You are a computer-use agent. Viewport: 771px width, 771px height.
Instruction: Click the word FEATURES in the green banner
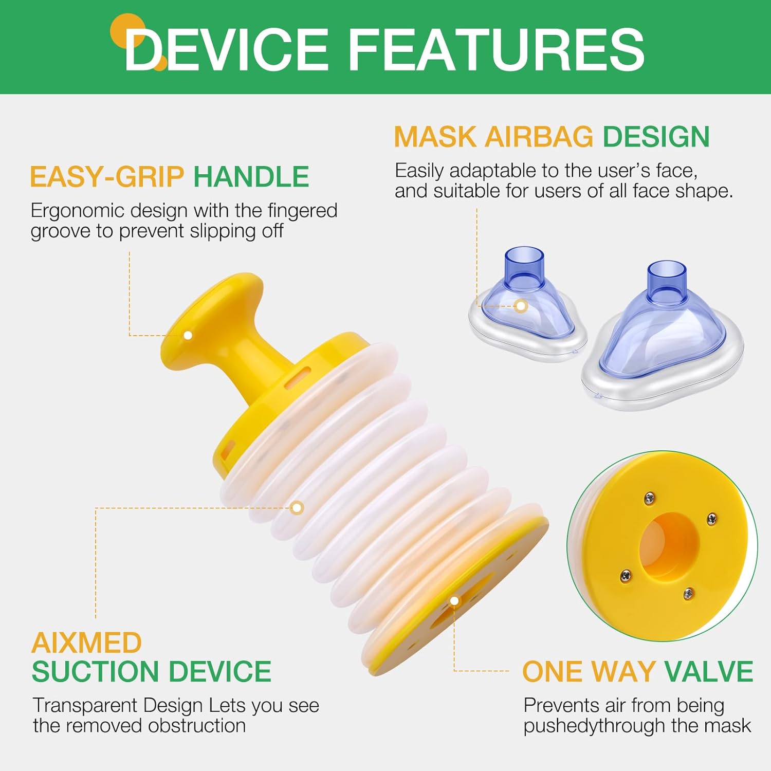[x=497, y=49]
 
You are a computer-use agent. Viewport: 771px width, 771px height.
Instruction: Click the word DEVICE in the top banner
[x=227, y=49]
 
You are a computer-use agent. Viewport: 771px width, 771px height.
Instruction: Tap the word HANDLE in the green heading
[x=251, y=177]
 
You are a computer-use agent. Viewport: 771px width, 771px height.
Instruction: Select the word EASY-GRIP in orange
[x=107, y=177]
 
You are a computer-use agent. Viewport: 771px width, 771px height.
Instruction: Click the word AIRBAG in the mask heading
[x=539, y=137]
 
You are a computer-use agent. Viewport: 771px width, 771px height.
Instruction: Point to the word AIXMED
[x=86, y=642]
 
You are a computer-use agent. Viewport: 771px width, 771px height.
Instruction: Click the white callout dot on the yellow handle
[x=188, y=335]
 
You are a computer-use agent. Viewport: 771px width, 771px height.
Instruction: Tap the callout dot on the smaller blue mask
[x=521, y=306]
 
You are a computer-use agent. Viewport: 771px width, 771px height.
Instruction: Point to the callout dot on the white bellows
[x=297, y=508]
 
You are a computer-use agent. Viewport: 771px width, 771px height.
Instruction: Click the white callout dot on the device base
[x=454, y=600]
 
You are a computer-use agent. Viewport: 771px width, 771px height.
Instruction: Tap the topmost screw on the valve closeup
[x=650, y=497]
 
